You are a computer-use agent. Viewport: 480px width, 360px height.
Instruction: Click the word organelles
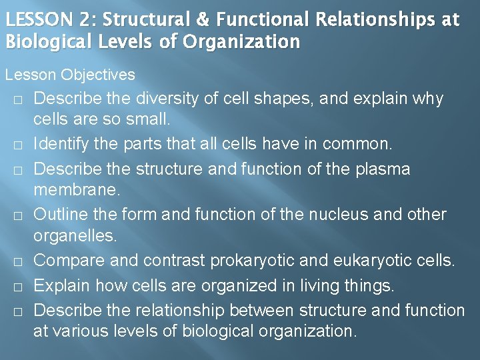74,236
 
